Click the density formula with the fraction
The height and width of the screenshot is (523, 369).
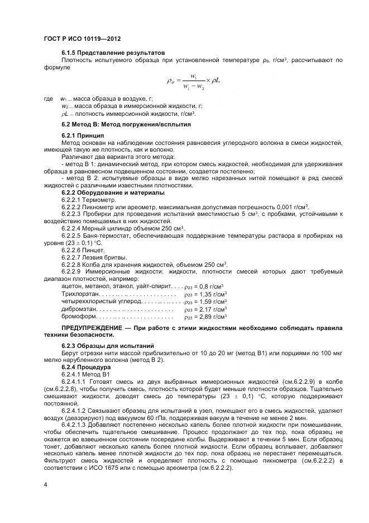[193, 81]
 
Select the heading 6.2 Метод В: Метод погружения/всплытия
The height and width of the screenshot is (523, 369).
[126, 124]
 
